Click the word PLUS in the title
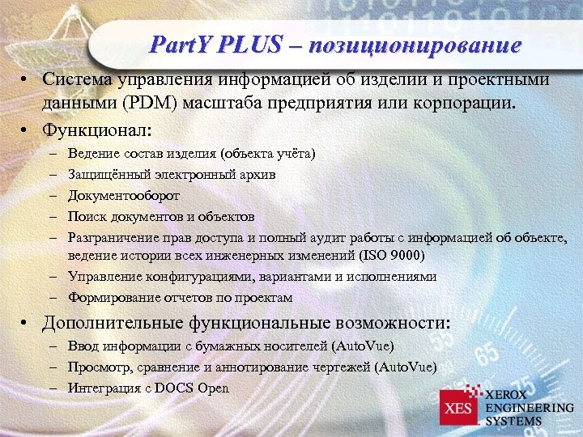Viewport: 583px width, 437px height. (x=247, y=45)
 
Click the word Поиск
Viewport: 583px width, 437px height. (x=87, y=217)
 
